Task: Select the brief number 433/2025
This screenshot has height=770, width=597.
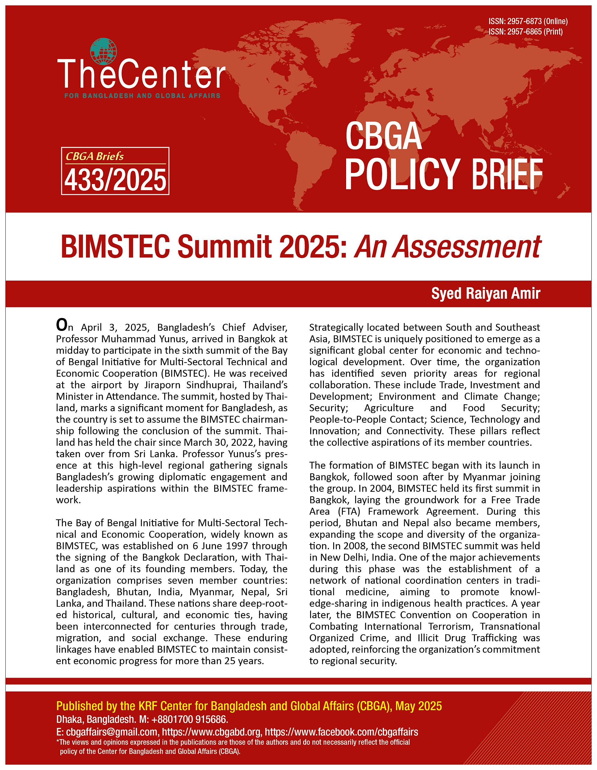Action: coord(115,180)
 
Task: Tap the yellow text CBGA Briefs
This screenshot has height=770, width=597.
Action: coord(95,156)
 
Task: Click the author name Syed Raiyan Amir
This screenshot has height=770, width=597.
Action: coord(486,293)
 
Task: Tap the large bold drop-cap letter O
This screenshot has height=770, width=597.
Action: coord(62,325)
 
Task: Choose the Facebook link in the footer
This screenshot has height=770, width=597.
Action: coord(341,732)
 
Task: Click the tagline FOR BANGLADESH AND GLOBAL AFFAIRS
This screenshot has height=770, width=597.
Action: coord(142,96)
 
